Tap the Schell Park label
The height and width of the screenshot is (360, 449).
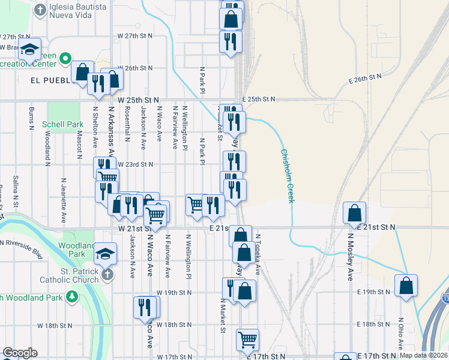click(62, 125)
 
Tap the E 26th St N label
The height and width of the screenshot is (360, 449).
click(364, 78)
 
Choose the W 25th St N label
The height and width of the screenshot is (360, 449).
click(139, 99)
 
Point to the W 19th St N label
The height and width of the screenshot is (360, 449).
click(173, 292)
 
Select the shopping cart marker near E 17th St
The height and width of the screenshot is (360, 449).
click(247, 340)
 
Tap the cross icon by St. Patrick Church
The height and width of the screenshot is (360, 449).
click(106, 274)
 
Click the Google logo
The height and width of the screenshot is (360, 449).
click(20, 353)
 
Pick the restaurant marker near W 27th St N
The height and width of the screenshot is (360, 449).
click(231, 41)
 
